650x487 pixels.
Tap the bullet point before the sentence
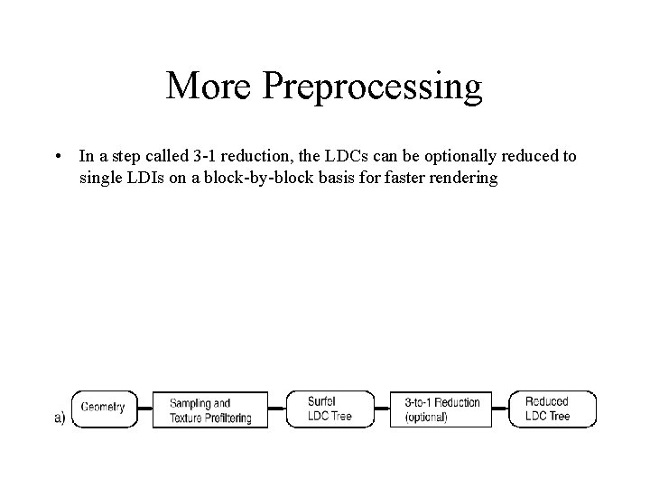[x=57, y=157]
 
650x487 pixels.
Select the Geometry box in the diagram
[x=102, y=408]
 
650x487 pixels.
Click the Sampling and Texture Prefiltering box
[x=209, y=409]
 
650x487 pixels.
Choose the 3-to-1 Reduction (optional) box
[x=441, y=409]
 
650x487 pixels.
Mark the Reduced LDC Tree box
[x=552, y=409]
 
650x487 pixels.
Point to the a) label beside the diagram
[x=60, y=418]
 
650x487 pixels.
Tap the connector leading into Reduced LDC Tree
[x=502, y=408]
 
